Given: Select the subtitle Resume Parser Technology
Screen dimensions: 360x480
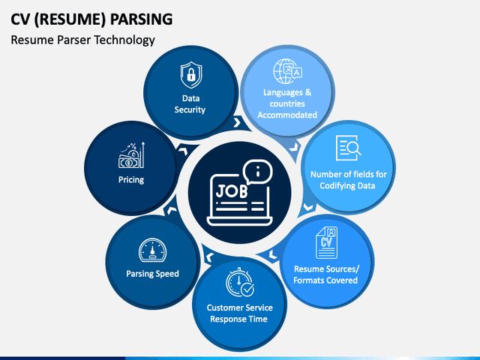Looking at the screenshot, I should [82, 40].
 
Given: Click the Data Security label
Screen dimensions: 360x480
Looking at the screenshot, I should [190, 103].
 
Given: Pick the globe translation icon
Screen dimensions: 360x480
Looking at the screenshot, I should [287, 73].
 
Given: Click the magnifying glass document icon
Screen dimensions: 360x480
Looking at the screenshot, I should [349, 147].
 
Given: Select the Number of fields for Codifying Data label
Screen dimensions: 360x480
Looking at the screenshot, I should [349, 179].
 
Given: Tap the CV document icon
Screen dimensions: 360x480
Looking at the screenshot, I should [326, 238].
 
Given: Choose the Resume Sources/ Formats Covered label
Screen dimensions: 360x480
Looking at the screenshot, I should [325, 274].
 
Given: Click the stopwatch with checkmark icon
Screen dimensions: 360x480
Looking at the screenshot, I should [240, 282].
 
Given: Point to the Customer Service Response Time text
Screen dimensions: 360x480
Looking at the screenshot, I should [240, 313].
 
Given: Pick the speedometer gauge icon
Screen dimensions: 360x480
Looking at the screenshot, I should [152, 250].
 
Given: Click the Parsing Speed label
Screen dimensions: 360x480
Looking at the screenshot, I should [152, 274].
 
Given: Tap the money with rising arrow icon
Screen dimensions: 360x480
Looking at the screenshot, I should [131, 156].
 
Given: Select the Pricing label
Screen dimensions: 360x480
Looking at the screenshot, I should [131, 180].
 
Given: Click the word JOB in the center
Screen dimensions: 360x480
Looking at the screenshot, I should [231, 190].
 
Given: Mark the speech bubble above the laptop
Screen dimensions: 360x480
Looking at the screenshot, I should [256, 172].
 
